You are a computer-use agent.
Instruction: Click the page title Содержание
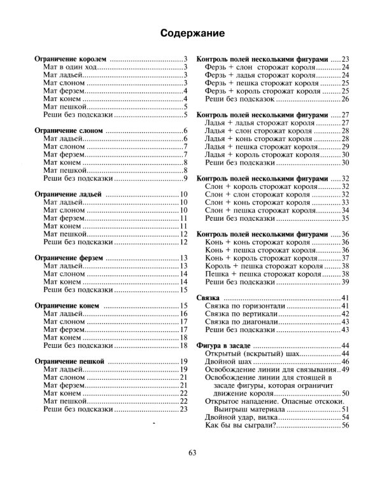click(190, 32)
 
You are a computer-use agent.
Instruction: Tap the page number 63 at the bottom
click(192, 452)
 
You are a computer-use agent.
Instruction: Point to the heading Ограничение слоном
click(67, 130)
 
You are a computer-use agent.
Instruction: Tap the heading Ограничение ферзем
click(68, 258)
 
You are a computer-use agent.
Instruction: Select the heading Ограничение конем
click(66, 306)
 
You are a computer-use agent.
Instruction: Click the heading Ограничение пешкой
click(68, 361)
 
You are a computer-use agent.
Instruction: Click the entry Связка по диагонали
click(242, 321)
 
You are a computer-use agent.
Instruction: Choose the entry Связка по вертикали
click(241, 314)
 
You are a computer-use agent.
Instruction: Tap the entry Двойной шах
click(223, 361)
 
